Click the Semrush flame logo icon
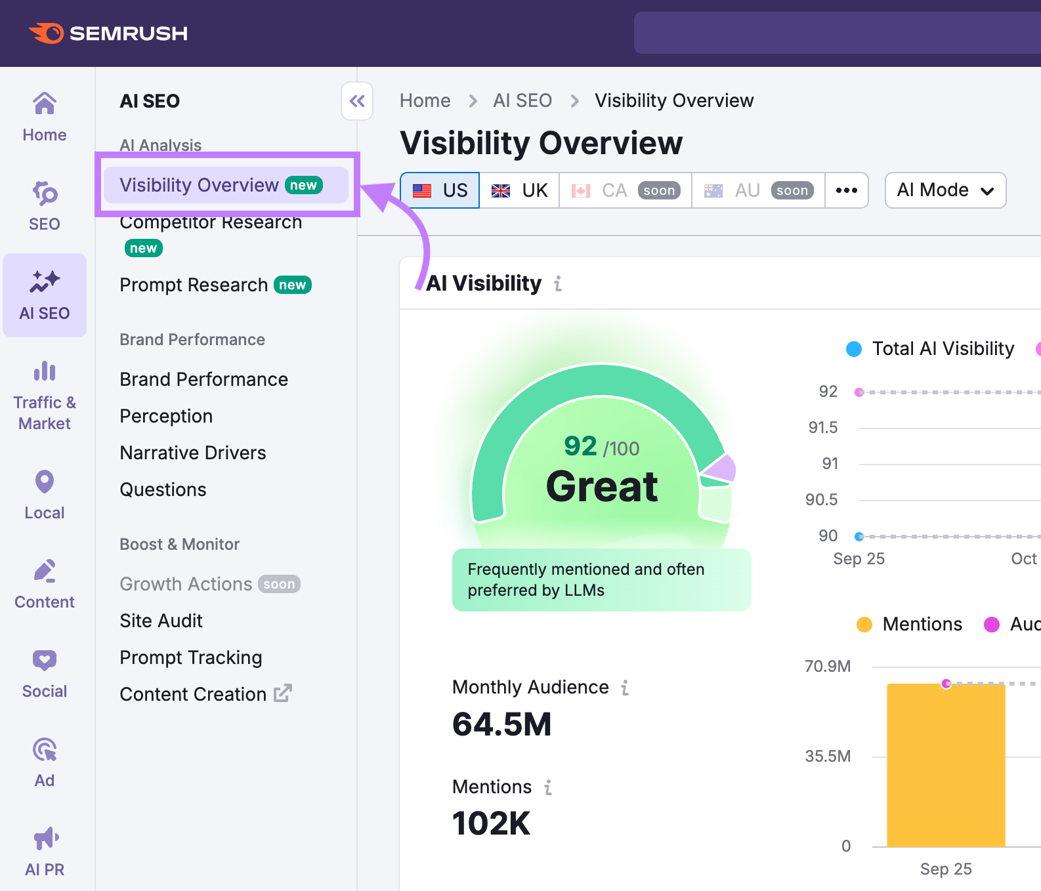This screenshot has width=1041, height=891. [x=47, y=33]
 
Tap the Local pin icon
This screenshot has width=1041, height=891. [x=45, y=482]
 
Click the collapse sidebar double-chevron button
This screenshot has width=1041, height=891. [x=357, y=101]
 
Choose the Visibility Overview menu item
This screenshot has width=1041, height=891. [x=200, y=185]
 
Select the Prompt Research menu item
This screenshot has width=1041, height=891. [x=194, y=285]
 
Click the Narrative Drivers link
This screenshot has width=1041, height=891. [x=193, y=453]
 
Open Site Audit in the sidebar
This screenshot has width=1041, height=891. [x=161, y=621]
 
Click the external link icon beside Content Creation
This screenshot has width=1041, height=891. [x=283, y=693]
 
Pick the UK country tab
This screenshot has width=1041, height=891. [x=519, y=190]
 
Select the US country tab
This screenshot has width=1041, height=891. [x=440, y=190]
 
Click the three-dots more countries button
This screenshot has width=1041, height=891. [x=847, y=190]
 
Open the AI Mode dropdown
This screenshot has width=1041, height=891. [x=945, y=190]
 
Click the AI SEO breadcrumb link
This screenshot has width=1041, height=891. [x=522, y=100]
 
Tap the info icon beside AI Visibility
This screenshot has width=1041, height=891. [x=558, y=283]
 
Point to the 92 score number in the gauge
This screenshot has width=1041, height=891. [x=580, y=446]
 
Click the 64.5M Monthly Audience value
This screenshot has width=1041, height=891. [x=502, y=724]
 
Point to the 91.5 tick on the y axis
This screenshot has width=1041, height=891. [x=823, y=428]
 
